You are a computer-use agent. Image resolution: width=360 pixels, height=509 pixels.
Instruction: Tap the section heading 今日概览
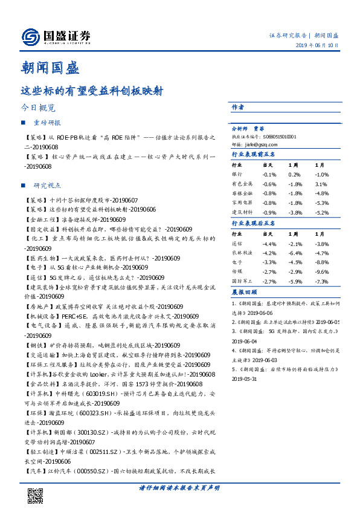tap(37, 107)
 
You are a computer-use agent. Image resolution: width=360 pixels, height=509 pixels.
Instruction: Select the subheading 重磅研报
tap(47, 123)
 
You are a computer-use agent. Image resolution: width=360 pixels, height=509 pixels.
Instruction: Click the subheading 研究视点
tap(47, 186)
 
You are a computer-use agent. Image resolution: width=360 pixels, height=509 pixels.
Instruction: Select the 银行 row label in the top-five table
tap(237, 174)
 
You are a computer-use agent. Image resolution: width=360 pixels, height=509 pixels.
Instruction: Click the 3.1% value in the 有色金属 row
tap(321, 184)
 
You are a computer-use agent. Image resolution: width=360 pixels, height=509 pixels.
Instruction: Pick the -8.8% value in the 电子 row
tap(321, 262)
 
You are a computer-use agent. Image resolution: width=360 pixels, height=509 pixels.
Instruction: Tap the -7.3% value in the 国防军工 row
tap(321, 281)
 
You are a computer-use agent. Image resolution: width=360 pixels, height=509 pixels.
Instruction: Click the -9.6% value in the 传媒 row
tap(321, 272)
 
